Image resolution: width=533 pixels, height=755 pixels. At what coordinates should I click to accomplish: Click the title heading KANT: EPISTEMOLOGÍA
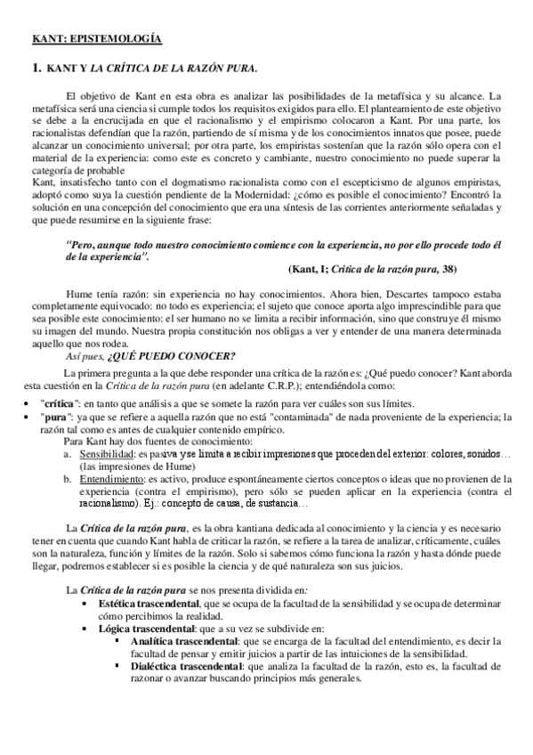(x=95, y=39)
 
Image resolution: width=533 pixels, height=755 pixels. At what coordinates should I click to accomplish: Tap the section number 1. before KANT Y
(x=36, y=68)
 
